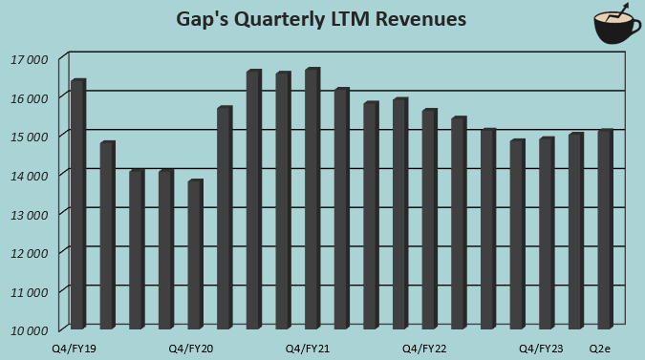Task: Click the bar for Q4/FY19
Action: click(x=78, y=204)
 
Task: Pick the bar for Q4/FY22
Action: click(x=429, y=220)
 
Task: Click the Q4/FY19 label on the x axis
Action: click(x=74, y=349)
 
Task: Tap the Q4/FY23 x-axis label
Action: click(x=541, y=349)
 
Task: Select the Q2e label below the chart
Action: click(x=600, y=349)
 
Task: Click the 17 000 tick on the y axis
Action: click(x=30, y=59)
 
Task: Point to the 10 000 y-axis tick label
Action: click(x=30, y=330)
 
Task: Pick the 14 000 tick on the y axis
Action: click(x=30, y=176)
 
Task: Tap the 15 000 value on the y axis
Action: click(x=30, y=137)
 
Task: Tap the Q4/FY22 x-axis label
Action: click(x=424, y=349)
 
